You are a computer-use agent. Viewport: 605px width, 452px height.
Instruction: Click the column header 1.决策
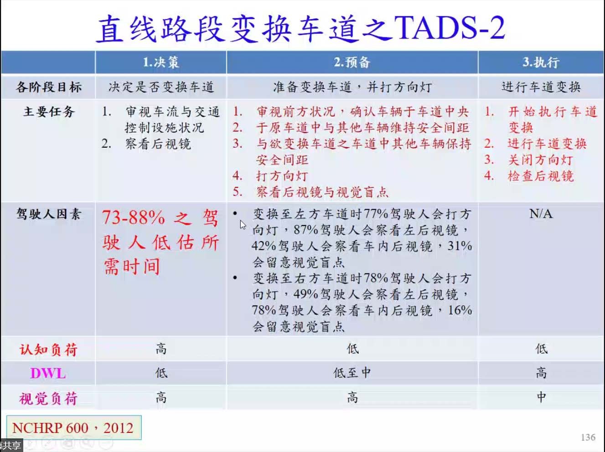click(x=161, y=62)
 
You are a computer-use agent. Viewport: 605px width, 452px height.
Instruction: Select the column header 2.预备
click(x=352, y=62)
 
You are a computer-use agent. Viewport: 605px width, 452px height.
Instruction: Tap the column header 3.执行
click(x=541, y=62)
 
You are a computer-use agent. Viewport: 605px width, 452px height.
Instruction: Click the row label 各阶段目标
click(x=48, y=87)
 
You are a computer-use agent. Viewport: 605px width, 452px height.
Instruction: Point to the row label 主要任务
click(x=49, y=112)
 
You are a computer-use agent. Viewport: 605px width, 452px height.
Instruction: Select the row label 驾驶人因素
click(x=48, y=214)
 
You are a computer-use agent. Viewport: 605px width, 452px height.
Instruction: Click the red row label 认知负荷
click(x=48, y=349)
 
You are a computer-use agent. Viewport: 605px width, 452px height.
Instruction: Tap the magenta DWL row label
click(x=48, y=374)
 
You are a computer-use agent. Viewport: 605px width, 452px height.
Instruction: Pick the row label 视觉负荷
click(x=48, y=398)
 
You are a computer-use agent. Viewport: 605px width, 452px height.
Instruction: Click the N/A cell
click(x=541, y=214)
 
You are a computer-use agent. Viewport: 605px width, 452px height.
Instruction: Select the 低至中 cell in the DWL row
click(x=352, y=373)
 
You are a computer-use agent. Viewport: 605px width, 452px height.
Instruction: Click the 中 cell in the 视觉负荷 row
click(x=541, y=397)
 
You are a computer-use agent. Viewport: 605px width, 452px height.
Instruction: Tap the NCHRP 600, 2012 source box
click(x=74, y=427)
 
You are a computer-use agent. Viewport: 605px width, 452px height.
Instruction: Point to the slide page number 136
click(x=588, y=437)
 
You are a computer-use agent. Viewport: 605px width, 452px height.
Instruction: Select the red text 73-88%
click(x=134, y=217)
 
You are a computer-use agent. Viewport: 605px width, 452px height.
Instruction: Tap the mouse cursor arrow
click(x=243, y=225)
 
